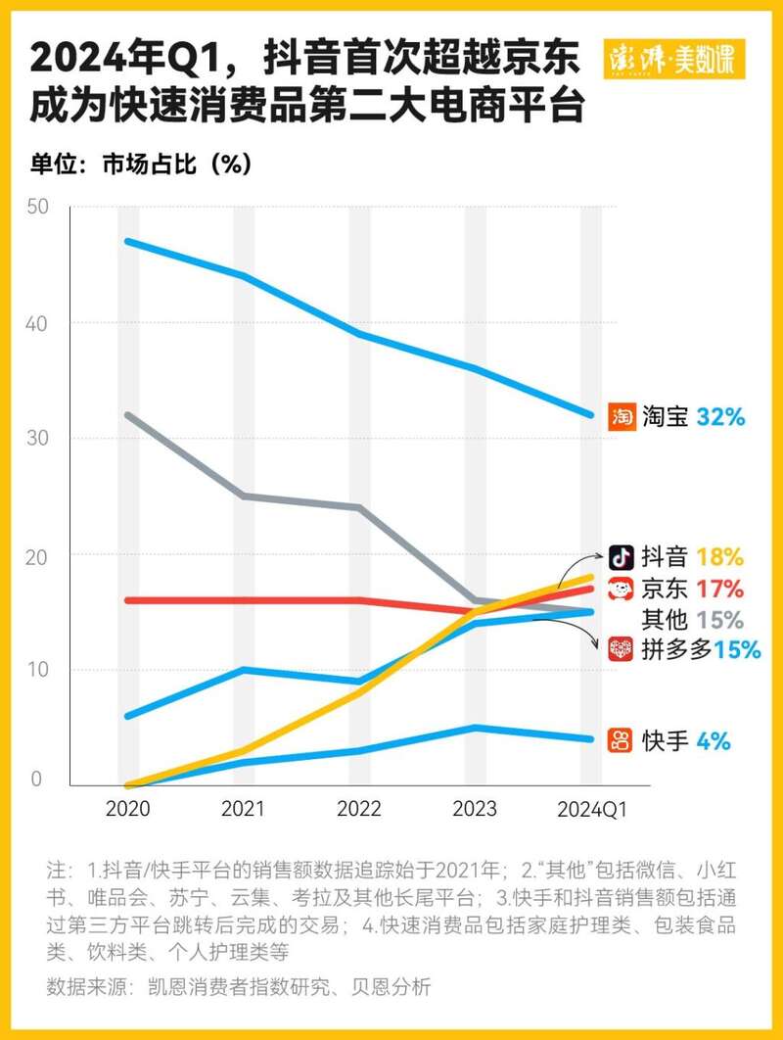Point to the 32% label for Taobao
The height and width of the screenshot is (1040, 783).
(721, 416)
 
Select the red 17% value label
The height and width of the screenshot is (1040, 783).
(720, 589)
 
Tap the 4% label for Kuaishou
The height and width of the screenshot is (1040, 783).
(714, 740)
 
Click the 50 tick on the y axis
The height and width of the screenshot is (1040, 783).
(37, 207)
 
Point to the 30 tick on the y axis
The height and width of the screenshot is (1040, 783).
(37, 439)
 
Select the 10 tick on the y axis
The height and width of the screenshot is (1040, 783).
(37, 670)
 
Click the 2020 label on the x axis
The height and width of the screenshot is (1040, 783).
(129, 809)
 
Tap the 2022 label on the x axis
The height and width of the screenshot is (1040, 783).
(359, 809)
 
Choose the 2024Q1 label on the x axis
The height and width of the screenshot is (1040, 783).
(591, 809)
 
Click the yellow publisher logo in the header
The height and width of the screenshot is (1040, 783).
(675, 60)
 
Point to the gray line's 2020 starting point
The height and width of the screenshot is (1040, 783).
(129, 415)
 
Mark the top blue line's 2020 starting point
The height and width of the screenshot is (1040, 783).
(129, 241)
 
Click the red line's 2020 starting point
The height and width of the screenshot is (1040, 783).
(129, 600)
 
